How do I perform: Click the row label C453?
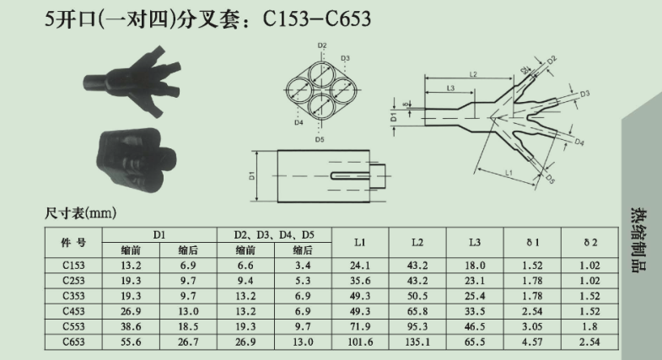73,311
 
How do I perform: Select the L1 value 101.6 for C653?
360,341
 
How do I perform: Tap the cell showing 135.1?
417,341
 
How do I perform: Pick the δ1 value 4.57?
532,341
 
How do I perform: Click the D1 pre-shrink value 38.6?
131,326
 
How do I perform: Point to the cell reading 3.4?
303,266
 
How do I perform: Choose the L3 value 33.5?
475,311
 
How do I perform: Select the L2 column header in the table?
417,242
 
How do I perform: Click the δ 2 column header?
589,242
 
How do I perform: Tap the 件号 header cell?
73,242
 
